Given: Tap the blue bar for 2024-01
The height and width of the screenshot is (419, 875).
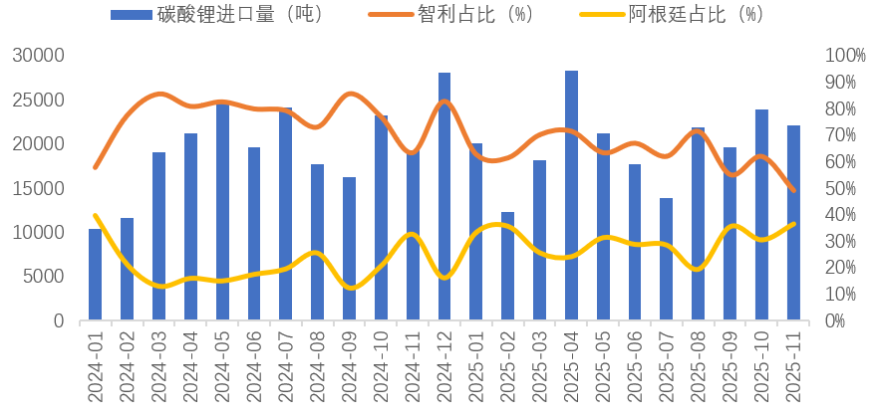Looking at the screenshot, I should click(x=95, y=275).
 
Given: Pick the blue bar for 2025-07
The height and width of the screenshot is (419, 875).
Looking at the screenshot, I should click(x=667, y=259).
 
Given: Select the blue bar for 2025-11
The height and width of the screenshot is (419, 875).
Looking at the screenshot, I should click(x=793, y=223).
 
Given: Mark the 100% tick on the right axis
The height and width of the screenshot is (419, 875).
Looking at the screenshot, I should click(x=845, y=56).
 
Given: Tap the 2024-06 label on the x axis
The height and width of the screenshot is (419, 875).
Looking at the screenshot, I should click(x=254, y=367).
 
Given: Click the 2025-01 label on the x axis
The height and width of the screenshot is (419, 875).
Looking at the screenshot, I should click(x=476, y=367).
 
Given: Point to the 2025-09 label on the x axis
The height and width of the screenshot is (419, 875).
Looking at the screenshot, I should click(x=730, y=367).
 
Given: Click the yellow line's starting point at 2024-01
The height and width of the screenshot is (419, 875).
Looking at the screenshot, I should click(x=95, y=215).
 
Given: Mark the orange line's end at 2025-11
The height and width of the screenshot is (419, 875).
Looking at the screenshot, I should click(x=793, y=190).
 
